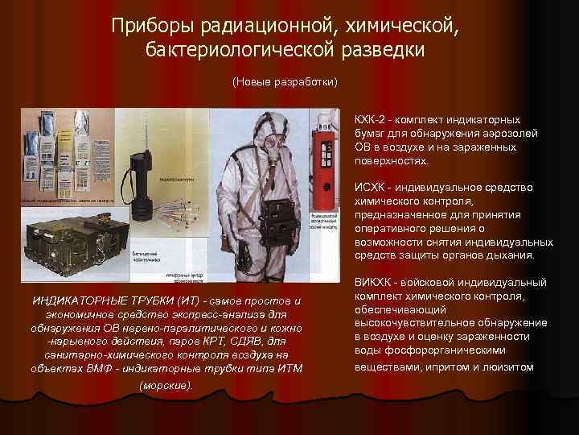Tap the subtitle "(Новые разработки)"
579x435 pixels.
click(285, 83)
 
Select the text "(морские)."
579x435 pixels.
click(166, 385)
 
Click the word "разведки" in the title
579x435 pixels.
click(380, 51)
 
